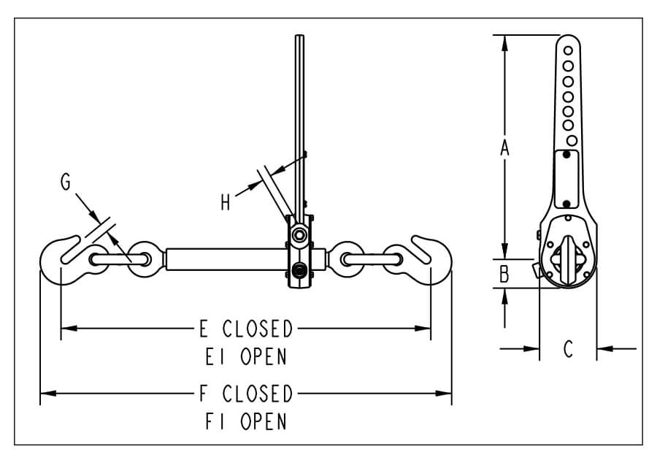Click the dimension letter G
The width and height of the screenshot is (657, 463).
pyautogui.click(x=66, y=183)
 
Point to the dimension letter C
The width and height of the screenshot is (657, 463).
pyautogui.click(x=568, y=349)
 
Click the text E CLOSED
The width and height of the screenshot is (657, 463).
pyautogui.click(x=246, y=329)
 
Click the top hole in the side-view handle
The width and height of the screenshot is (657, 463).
pyautogui.click(x=569, y=51)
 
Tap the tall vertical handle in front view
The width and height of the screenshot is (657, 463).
pyautogui.click(x=299, y=124)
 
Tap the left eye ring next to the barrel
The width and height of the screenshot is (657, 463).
pyautogui.click(x=142, y=259)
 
